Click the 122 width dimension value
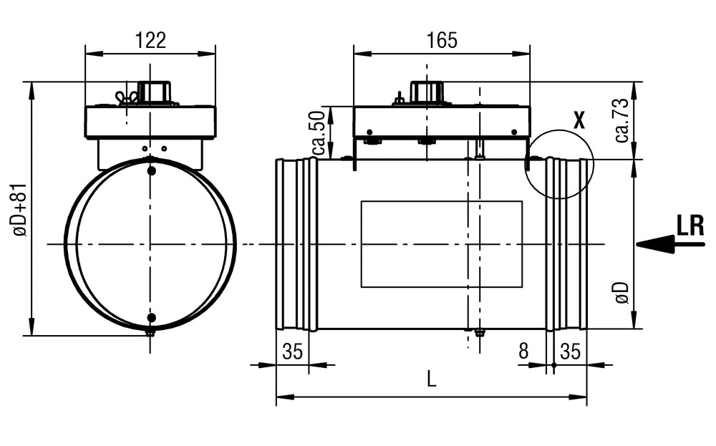[x=150, y=40]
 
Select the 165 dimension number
[x=442, y=40]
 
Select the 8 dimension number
[x=523, y=351]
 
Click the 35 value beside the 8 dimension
[x=570, y=351]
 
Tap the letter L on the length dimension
[x=431, y=381]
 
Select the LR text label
[x=690, y=226]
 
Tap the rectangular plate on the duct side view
[x=442, y=243]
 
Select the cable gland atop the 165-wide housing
[x=427, y=92]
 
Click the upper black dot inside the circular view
[x=150, y=171]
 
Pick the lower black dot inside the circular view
[x=150, y=317]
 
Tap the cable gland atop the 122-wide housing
[x=153, y=92]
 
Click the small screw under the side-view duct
[x=479, y=332]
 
